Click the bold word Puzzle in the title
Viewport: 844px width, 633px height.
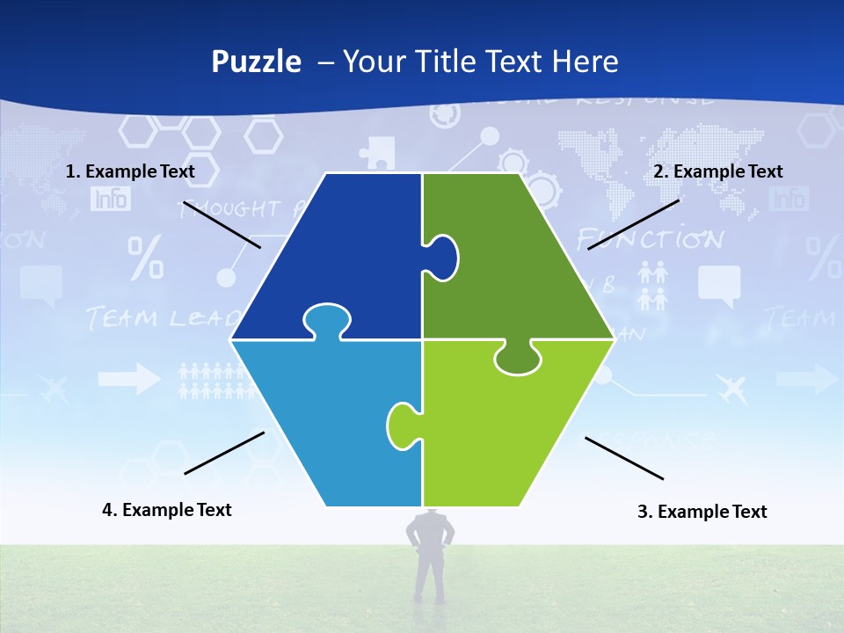click(256, 62)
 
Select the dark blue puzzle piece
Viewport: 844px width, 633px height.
click(343, 255)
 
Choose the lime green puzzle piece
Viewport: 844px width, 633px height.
click(510, 431)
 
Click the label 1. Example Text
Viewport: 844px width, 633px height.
click(130, 171)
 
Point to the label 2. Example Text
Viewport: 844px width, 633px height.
click(717, 171)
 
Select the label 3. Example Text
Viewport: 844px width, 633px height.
click(702, 512)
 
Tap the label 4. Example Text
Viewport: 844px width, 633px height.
click(166, 510)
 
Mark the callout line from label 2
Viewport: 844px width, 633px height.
click(633, 224)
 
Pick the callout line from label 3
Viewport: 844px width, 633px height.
click(624, 458)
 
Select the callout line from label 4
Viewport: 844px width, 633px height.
click(224, 453)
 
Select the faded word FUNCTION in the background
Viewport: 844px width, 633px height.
click(650, 239)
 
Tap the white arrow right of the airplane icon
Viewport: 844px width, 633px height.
click(806, 379)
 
